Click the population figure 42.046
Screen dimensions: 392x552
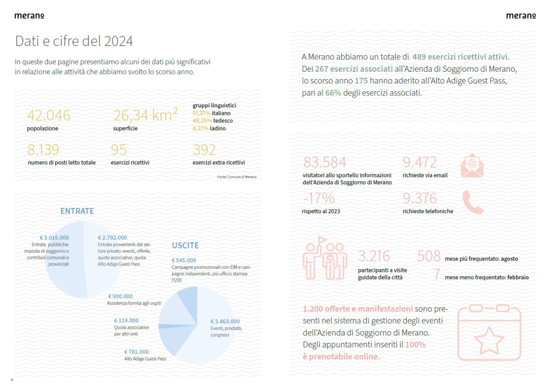click(49, 115)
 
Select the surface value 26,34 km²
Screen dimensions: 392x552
click(145, 115)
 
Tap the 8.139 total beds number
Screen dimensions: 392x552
click(43, 150)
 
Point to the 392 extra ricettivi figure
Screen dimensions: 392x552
click(204, 150)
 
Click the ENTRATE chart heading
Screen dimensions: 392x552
click(77, 211)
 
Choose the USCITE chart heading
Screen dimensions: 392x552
click(185, 245)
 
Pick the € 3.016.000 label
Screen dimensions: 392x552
click(54, 238)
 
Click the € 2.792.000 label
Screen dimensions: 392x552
click(112, 238)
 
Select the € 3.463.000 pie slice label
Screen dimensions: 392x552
click(225, 321)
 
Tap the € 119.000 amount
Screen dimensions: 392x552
click(126, 320)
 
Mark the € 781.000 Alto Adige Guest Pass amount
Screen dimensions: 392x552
click(137, 352)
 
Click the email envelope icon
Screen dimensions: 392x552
click(472, 165)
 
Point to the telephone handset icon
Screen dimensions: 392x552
click(472, 202)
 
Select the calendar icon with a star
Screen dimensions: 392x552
click(489, 333)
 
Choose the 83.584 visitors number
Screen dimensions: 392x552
click(325, 162)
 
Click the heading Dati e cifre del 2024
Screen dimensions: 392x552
click(74, 41)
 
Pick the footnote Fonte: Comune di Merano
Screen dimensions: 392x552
click(237, 177)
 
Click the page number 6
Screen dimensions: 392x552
click(12, 380)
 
